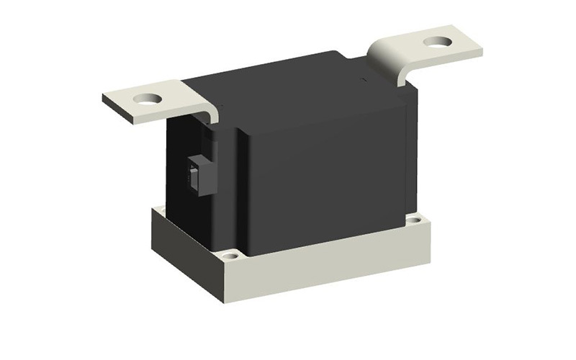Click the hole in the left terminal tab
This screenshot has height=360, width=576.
pos(149,97)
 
